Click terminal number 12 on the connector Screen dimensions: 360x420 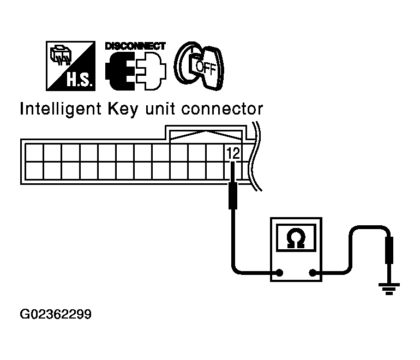(233, 154)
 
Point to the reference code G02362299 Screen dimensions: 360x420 (55, 315)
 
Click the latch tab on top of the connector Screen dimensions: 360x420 (206, 134)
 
